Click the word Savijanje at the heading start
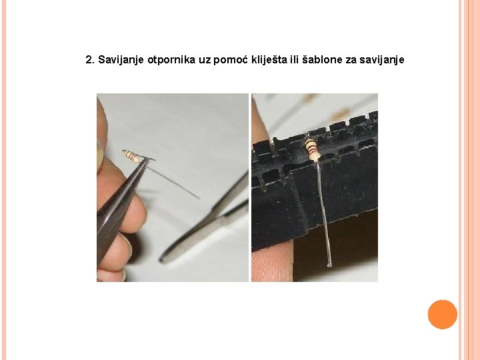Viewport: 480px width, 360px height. pos(121,60)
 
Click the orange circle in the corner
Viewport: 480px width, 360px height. pos(443,315)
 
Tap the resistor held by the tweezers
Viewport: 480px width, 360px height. pos(132,156)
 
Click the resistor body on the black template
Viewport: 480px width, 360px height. pos(311,149)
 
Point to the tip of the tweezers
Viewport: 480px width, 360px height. pos(147,159)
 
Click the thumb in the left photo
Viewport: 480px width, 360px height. pos(102,135)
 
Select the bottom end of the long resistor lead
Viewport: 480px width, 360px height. pos(329,265)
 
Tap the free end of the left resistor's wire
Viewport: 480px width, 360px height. pos(199,198)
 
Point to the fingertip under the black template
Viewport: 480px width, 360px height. pos(271,260)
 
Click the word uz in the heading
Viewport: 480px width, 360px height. pos(205,61)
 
